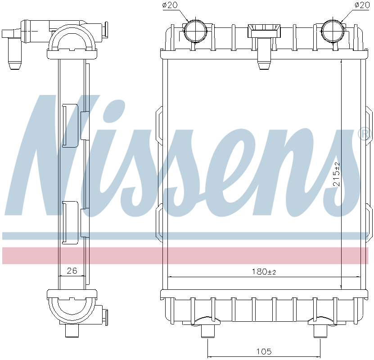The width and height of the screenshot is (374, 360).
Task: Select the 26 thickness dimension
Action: pos(72,270)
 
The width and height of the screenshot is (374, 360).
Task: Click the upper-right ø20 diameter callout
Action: pos(362,5)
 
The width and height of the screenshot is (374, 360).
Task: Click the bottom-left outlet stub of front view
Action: pos(207,331)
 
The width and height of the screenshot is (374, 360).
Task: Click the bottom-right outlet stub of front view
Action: pos(320,331)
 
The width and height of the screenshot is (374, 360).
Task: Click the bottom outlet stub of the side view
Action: pos(72,331)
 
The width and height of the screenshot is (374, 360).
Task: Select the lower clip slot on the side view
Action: pos(70,222)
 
